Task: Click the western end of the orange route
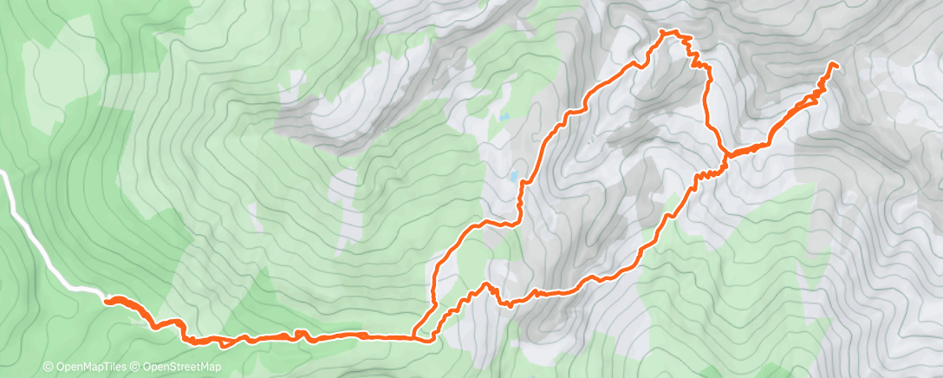pos(107,301)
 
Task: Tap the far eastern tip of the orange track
pos(835,64)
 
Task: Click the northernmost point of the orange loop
pos(665,32)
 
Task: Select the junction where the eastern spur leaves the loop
pos(725,155)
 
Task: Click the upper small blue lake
pos(503,116)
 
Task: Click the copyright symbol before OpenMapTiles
pos(48,367)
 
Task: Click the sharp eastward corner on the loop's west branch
pos(517,222)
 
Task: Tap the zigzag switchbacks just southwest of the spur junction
pos(707,173)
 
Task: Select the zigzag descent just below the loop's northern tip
pos(695,56)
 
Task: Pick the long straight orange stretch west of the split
pos(364,336)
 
